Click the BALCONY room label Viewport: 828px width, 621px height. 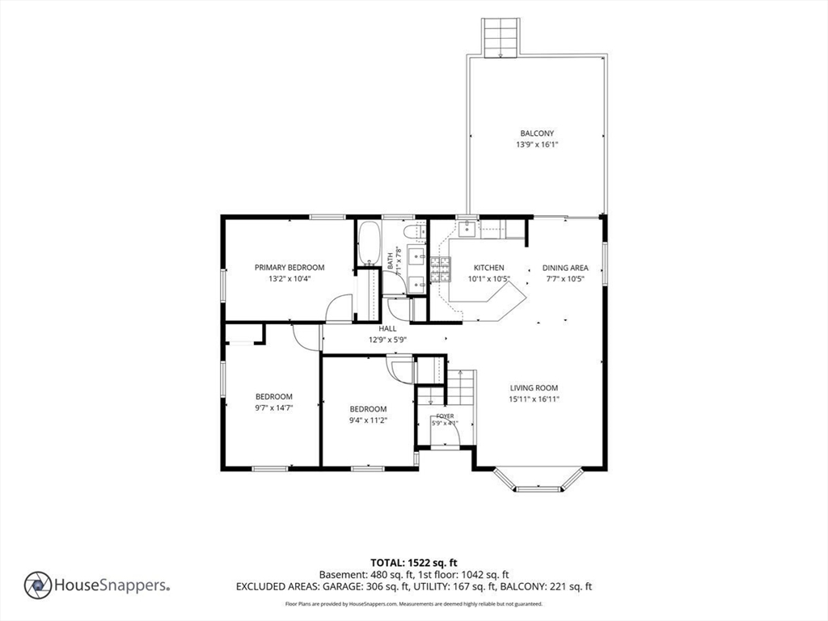pyautogui.click(x=537, y=133)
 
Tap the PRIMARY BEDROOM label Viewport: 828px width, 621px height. pyautogui.click(x=289, y=268)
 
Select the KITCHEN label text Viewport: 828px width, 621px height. pyautogui.click(x=488, y=268)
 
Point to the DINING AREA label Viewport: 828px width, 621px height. pyautogui.click(x=565, y=268)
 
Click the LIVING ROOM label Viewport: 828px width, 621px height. pyautogui.click(x=534, y=387)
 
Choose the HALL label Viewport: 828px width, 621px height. pyautogui.click(x=387, y=328)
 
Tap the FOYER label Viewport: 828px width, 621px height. pyautogui.click(x=445, y=416)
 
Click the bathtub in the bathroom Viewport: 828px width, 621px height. pyautogui.click(x=369, y=243)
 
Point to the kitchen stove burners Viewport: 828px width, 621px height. pyautogui.click(x=440, y=268)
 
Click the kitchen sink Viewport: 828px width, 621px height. pyautogui.click(x=467, y=229)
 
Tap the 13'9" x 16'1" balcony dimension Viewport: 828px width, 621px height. pyautogui.click(x=537, y=145)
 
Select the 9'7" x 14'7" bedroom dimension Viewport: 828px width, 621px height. pyautogui.click(x=273, y=408)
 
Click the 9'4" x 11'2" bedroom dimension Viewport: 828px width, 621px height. pyautogui.click(x=368, y=420)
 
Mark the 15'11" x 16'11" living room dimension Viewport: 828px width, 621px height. pyautogui.click(x=534, y=399)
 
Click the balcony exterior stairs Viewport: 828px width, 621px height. pyautogui.click(x=499, y=37)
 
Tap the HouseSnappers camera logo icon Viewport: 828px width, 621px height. pyautogui.click(x=38, y=585)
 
